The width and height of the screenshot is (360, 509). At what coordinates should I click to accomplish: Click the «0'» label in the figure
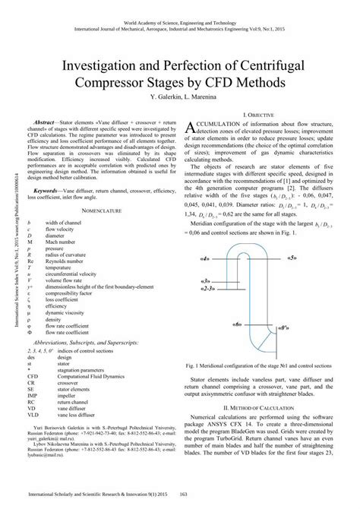tap(284, 328)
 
